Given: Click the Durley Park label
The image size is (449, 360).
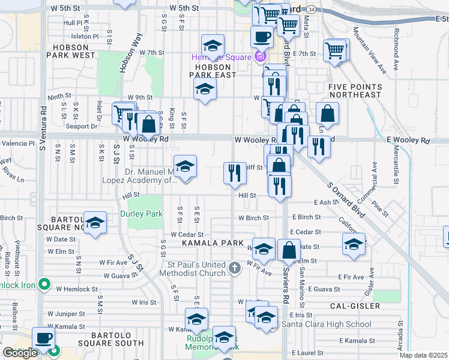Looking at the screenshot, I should point(141,214).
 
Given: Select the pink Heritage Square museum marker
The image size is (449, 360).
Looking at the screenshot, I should point(259,57).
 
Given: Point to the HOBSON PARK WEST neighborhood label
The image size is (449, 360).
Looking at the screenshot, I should point(74,50).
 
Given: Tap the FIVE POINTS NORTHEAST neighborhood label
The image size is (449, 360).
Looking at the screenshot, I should point(355,91).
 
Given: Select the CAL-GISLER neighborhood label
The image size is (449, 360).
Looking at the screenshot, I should point(355,305).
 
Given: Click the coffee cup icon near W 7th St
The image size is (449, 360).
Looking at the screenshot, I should point(261,37).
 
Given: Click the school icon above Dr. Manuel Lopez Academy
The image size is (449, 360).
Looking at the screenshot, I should point(185,166).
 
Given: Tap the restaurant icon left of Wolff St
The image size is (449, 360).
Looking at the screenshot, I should point(234,173).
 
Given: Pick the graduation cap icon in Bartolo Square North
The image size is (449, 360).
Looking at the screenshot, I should point(95,223).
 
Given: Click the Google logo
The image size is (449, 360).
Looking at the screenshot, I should point(20,352).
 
